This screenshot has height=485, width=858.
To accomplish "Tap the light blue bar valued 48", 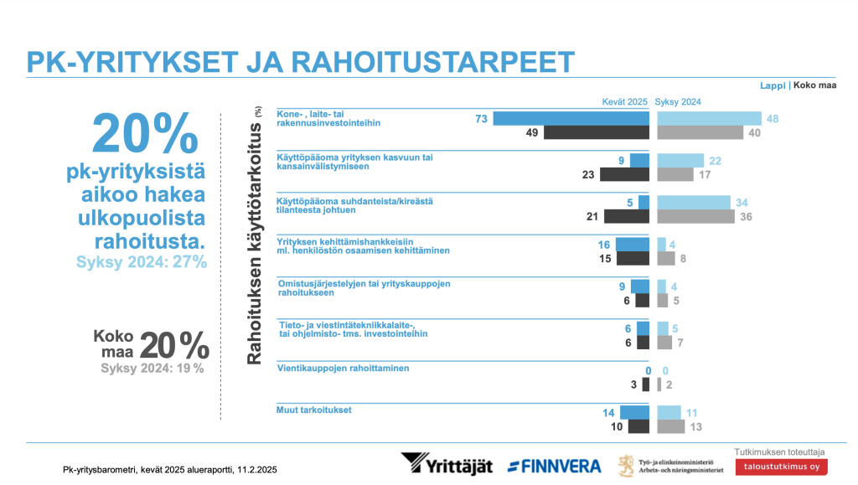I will pyautogui.click(x=709, y=119).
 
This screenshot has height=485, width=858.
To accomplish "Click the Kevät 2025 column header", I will pyautogui.click(x=625, y=101).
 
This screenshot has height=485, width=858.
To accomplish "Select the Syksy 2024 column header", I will pyautogui.click(x=678, y=101).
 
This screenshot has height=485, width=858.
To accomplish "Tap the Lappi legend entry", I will pyautogui.click(x=773, y=85).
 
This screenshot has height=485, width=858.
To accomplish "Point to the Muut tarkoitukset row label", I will pyautogui.click(x=313, y=410).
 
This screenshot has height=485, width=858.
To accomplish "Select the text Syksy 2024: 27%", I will pyautogui.click(x=141, y=261).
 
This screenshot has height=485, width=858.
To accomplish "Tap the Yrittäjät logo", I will pyautogui.click(x=446, y=464).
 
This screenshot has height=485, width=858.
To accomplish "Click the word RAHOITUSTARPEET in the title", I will pyautogui.click(x=433, y=62).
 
